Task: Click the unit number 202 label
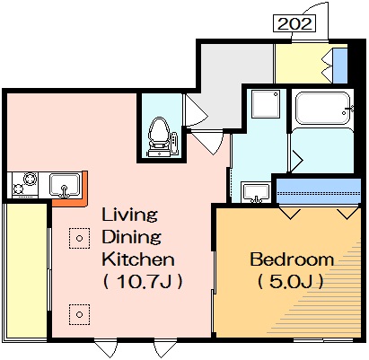pyautogui.click(x=294, y=23)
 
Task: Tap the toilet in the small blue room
pyautogui.click(x=159, y=136)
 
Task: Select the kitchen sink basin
pyautogui.click(x=65, y=185)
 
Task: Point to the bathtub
pyautogui.click(x=322, y=108)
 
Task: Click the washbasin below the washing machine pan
pyautogui.click(x=256, y=193)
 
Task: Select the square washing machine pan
pyautogui.click(x=266, y=104)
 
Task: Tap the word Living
pyautogui.click(x=130, y=215)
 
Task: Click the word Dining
pyautogui.click(x=132, y=237)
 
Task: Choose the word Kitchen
pyautogui.click(x=138, y=259)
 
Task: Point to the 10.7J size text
pyautogui.click(x=143, y=281)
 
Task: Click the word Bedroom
pyautogui.click(x=292, y=259)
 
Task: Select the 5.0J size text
pyautogui.click(x=291, y=281)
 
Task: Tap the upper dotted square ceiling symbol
pyautogui.click(x=79, y=238)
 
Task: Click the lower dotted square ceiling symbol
pyautogui.click(x=79, y=314)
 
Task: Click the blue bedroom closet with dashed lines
pyautogui.click(x=318, y=191)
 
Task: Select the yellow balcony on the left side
pyautogui.click(x=27, y=270)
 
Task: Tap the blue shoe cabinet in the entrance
pyautogui.click(x=340, y=66)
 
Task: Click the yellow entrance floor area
pyautogui.click(x=303, y=64)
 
